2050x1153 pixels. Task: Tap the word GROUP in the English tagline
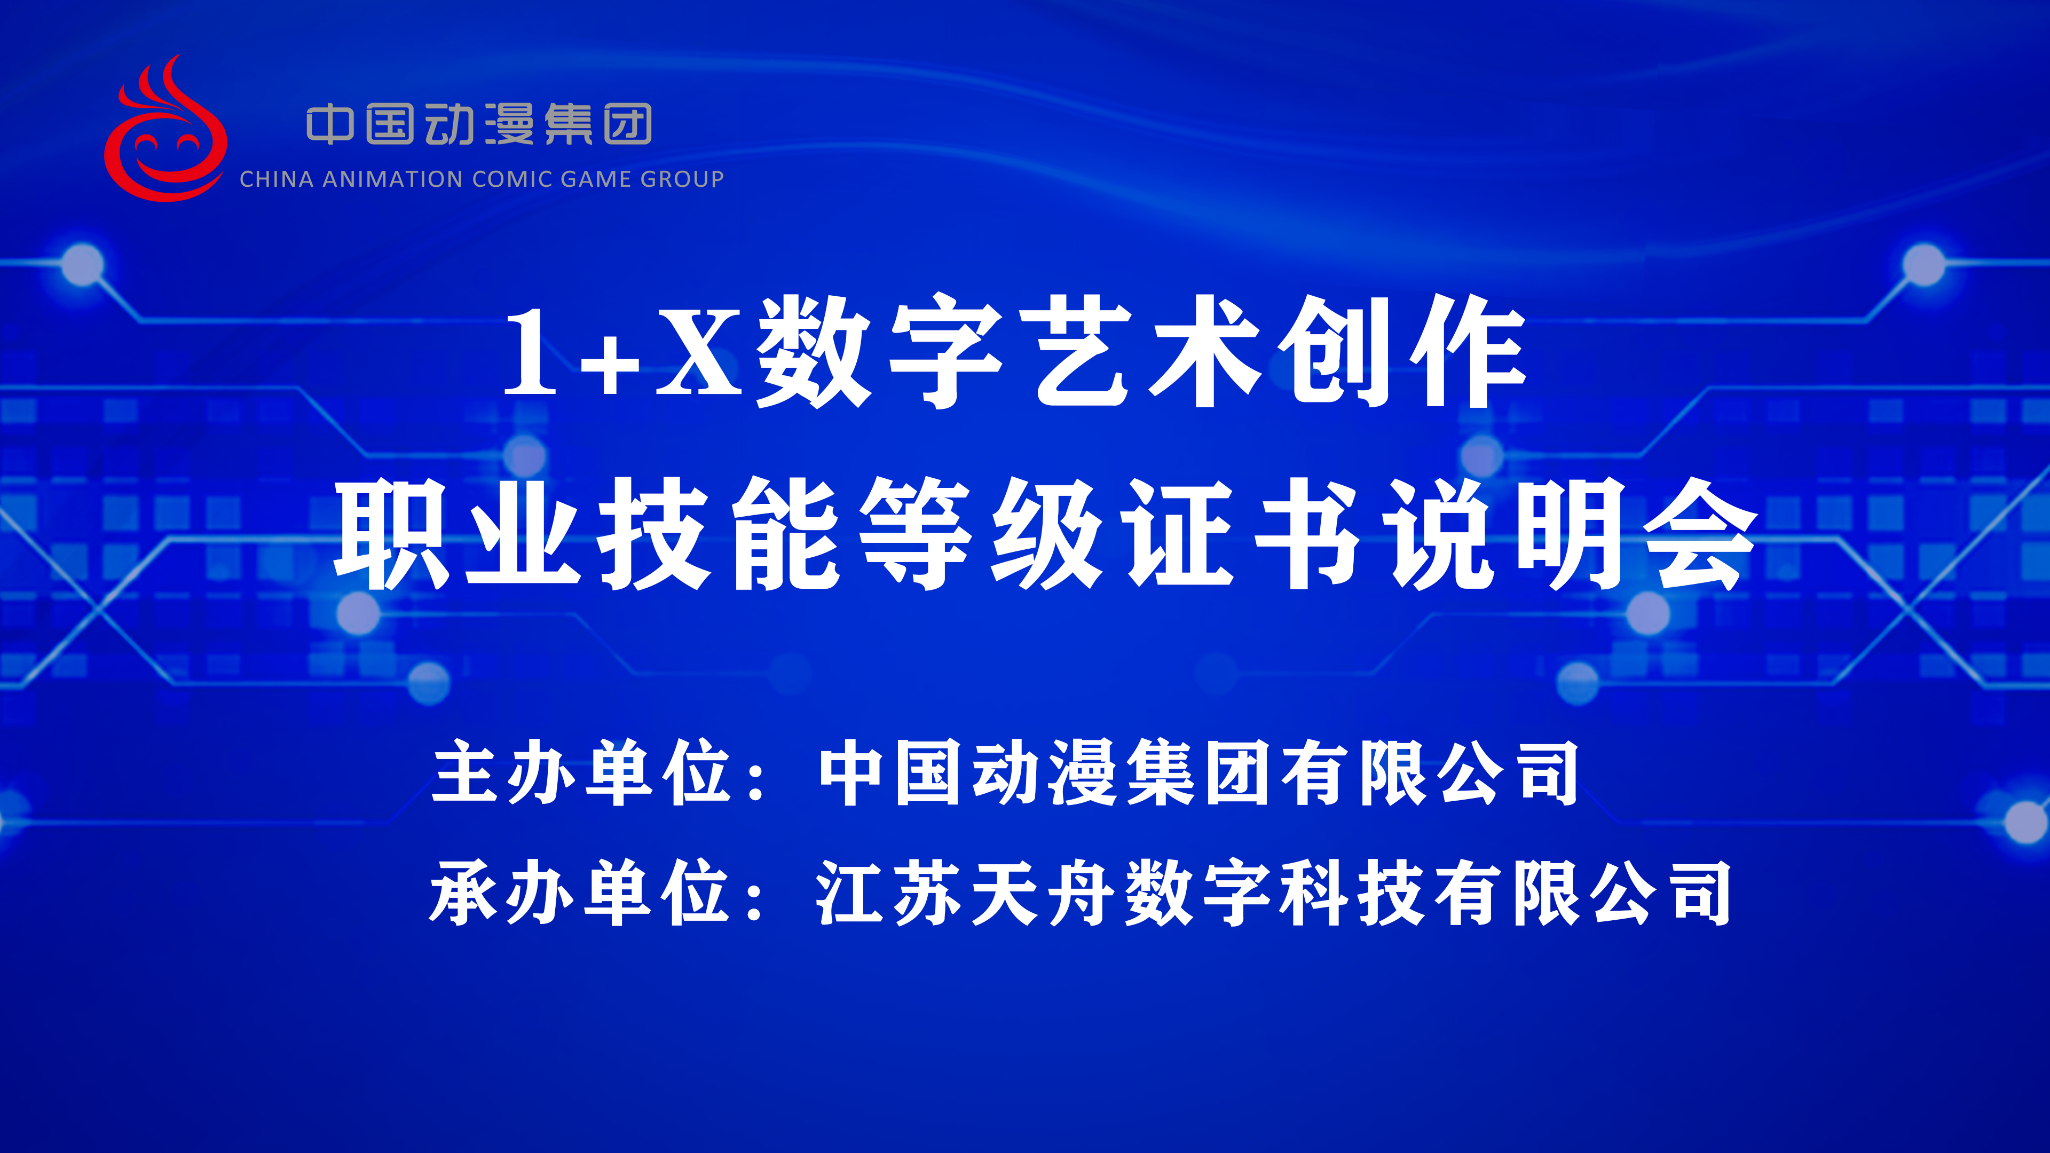pyautogui.click(x=682, y=179)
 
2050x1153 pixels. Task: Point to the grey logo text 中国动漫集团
pyautogui.click(x=479, y=124)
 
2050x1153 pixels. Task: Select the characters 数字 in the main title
pyautogui.click(x=879, y=351)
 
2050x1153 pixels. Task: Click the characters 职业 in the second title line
pyautogui.click(x=456, y=533)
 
